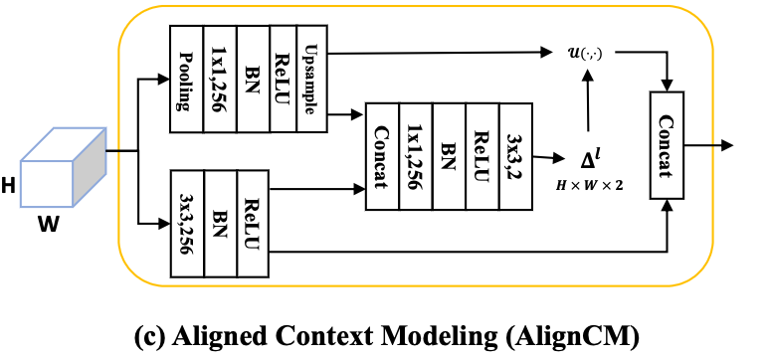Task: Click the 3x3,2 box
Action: (514, 155)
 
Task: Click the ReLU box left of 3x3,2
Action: (481, 155)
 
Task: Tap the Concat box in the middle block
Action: (382, 155)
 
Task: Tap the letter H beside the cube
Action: (9, 184)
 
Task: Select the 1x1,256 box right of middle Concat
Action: (415, 155)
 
